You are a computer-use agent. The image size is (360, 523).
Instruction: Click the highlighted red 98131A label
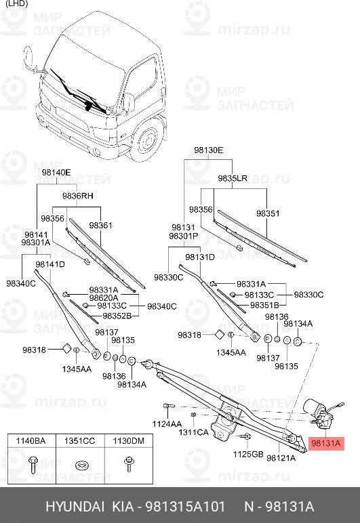pyautogui.click(x=327, y=444)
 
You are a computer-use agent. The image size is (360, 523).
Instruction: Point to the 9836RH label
pyautogui.click(x=77, y=195)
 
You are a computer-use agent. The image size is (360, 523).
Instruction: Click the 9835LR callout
pyautogui.click(x=232, y=177)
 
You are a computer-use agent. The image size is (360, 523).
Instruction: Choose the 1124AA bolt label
pyautogui.click(x=166, y=423)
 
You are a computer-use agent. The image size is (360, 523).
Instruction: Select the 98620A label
pyautogui.click(x=103, y=297)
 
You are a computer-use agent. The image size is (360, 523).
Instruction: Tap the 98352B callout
pyautogui.click(x=117, y=316)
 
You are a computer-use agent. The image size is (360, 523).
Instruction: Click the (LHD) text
pyautogui.click(x=17, y=5)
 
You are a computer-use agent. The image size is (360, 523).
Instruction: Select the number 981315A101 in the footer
pyautogui.click(x=186, y=507)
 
